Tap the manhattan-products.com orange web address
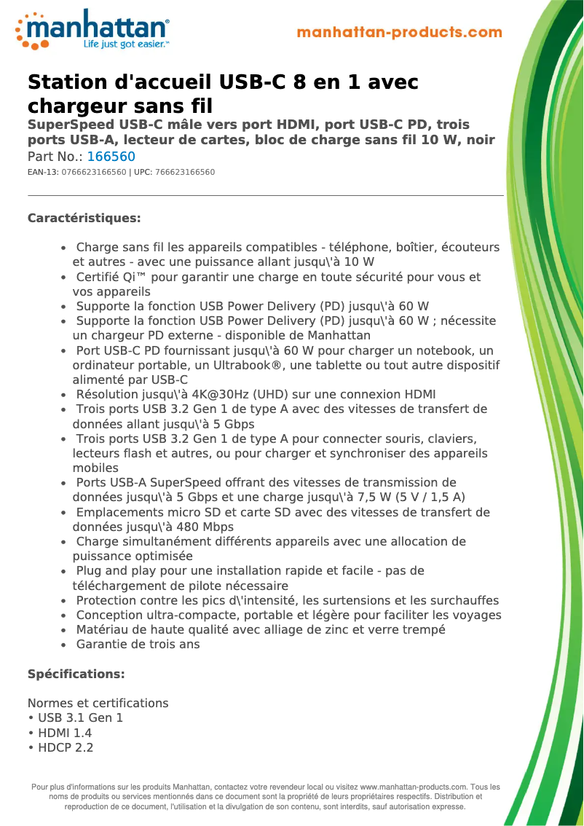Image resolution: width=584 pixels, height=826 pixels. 399,32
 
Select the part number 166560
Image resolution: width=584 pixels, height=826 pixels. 111,157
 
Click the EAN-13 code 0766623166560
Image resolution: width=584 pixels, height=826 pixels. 94,172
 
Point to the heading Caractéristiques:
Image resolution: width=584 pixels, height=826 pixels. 84,218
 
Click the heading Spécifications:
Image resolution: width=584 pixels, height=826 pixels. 76,674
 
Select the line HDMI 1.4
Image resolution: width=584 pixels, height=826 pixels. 65,733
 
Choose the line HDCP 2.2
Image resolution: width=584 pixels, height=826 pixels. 66,747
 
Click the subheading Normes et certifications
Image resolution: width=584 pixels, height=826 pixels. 98,703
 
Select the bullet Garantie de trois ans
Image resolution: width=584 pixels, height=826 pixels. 138,644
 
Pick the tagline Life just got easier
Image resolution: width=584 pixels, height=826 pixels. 126,44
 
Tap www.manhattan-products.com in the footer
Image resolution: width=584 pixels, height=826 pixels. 413,787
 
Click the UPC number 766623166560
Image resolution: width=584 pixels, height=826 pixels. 181,172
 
